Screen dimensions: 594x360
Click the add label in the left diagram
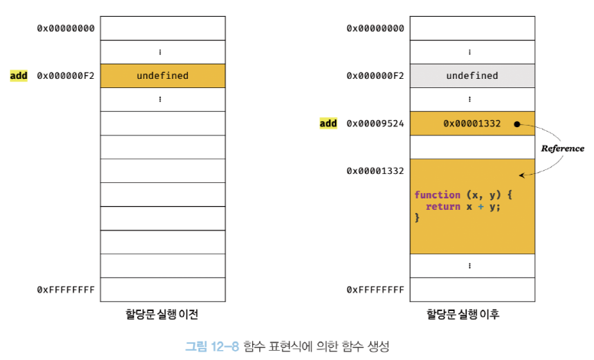(18, 76)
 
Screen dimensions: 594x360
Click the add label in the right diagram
(328, 123)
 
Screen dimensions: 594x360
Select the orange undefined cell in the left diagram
(162, 76)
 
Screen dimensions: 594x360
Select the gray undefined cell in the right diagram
(471, 76)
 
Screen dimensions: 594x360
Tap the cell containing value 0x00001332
(471, 123)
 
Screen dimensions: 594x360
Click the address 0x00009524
(375, 123)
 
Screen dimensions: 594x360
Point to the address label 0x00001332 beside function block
(375, 171)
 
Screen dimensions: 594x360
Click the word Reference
(563, 149)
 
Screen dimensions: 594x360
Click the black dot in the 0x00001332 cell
(517, 123)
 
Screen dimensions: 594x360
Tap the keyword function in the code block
(438, 195)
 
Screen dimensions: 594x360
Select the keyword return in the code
(442, 206)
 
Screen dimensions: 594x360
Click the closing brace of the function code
(418, 218)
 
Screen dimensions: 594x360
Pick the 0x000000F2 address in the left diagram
(66, 76)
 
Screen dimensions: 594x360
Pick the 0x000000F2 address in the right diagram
(375, 76)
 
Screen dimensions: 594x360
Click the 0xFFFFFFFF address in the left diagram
(66, 290)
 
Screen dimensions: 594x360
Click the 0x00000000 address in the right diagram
(375, 28)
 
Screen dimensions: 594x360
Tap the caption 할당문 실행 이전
(162, 313)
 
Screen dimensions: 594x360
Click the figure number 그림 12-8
(212, 346)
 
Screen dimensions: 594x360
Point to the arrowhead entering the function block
(521, 175)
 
